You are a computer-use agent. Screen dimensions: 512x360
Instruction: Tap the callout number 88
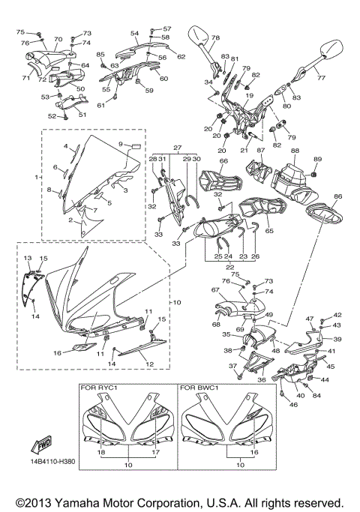[295, 151]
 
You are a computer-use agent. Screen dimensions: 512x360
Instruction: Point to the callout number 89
[316, 159]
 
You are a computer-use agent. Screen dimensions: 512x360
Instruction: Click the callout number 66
[223, 161]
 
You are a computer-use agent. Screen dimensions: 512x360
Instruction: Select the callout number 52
[52, 116]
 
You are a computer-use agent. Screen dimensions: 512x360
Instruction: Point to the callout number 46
[293, 405]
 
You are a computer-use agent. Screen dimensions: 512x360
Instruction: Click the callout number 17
[156, 454]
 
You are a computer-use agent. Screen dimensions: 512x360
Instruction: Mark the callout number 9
[120, 144]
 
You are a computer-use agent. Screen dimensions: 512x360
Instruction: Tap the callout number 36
[262, 379]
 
